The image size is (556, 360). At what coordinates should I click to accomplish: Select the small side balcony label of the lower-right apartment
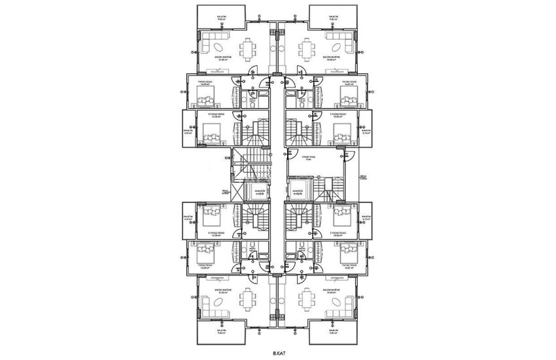click(366, 219)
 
